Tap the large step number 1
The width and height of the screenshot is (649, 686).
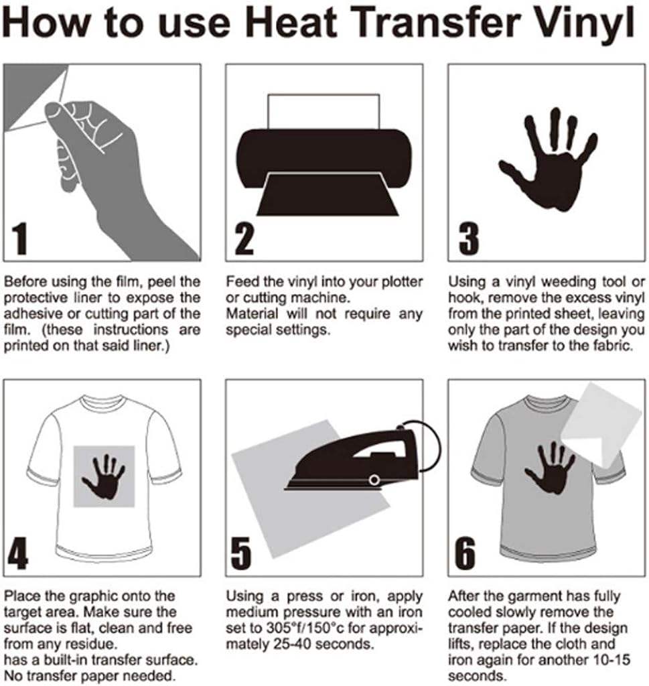(21, 238)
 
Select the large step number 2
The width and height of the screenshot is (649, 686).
(244, 238)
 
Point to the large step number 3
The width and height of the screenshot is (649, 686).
(467, 238)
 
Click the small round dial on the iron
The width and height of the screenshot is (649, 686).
(374, 479)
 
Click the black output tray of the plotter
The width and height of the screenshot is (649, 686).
(323, 194)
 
